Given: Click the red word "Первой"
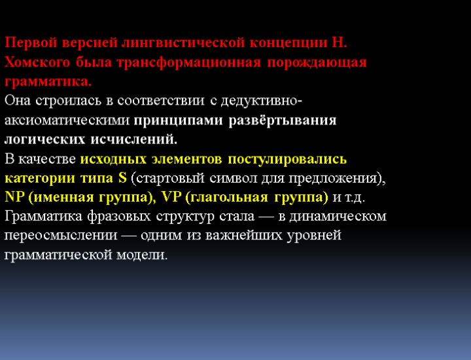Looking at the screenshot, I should tap(27, 43).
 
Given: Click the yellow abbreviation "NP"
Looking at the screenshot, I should tap(14, 197).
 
